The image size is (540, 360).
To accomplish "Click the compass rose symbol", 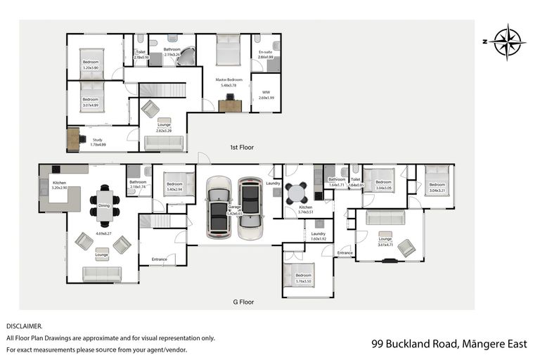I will (x=506, y=41).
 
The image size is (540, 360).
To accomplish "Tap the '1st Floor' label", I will (x=241, y=148).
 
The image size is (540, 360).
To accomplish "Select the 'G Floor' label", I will (x=243, y=302).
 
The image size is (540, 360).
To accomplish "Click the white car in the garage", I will (x=219, y=207).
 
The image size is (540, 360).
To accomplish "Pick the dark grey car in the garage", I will (x=250, y=207).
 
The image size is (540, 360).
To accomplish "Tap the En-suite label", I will (x=266, y=54).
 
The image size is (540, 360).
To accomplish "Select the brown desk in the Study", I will (x=74, y=139).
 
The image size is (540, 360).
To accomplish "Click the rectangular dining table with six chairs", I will (x=104, y=202).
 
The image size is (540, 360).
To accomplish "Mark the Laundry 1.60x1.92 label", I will (x=319, y=236).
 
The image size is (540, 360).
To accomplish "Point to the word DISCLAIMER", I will (x=25, y=326).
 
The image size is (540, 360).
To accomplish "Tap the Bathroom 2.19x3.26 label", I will (x=172, y=51).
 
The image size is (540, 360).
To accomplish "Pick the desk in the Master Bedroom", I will (x=230, y=106).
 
